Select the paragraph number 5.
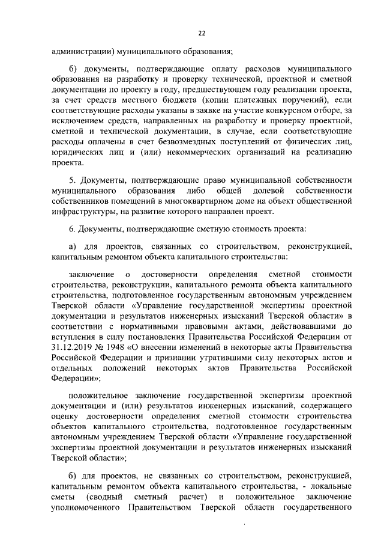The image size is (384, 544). click(71, 180)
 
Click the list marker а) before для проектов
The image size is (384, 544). click(72, 245)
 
